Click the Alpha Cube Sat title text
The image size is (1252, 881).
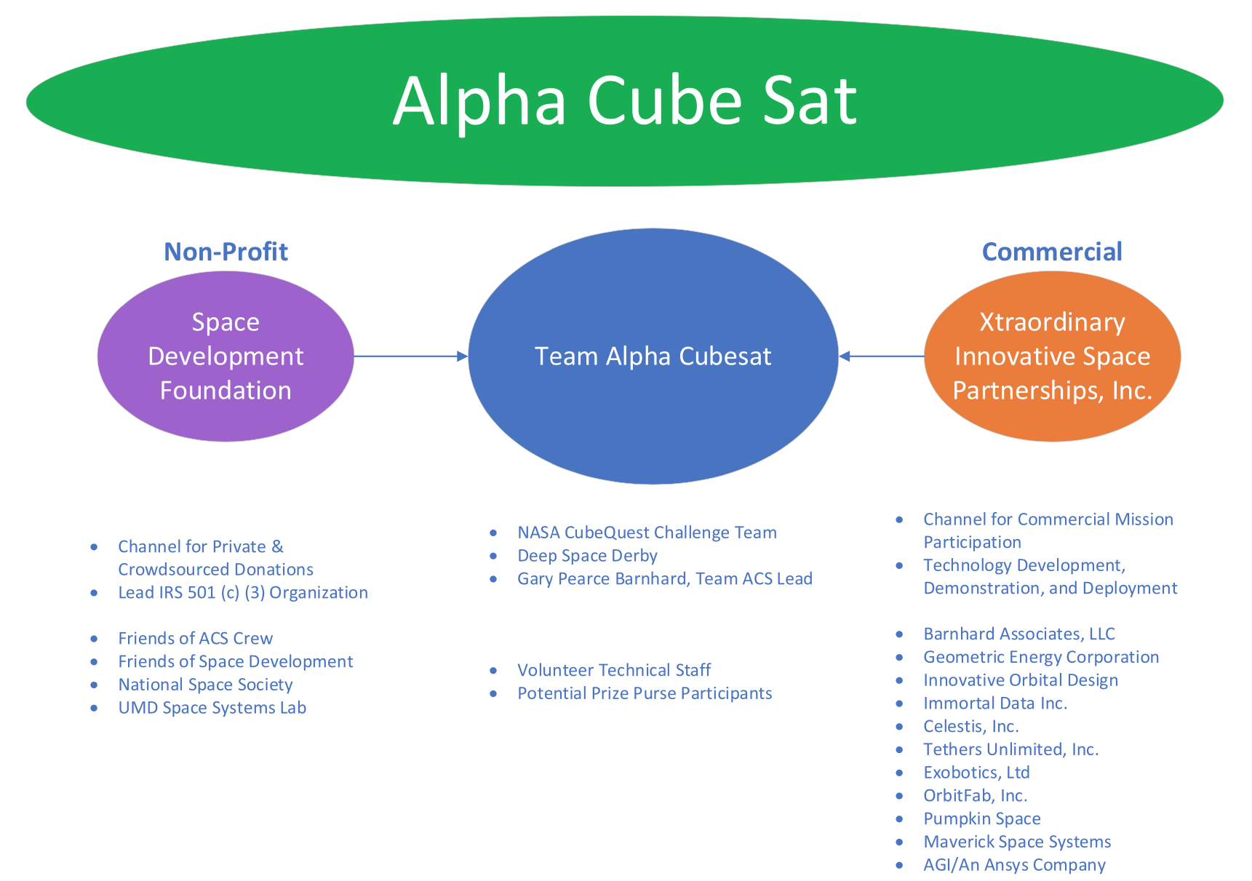(625, 101)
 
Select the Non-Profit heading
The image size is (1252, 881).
(226, 252)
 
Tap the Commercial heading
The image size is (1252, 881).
(1052, 252)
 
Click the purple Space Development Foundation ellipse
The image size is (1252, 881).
(226, 356)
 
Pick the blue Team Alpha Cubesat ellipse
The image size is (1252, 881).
(653, 356)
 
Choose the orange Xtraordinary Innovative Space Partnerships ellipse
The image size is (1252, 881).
(1052, 356)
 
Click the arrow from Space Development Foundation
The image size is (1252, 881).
(411, 356)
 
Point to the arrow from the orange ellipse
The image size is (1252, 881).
(881, 356)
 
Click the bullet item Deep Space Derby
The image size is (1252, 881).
(587, 556)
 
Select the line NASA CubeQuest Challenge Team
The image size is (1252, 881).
(647, 533)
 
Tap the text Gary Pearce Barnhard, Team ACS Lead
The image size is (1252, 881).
(665, 579)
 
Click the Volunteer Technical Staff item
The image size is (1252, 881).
(614, 670)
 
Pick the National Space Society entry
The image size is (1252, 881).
(205, 685)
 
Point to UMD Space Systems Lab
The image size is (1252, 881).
(212, 708)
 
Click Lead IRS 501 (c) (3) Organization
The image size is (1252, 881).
(243, 593)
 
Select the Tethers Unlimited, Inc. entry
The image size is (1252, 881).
(1010, 749)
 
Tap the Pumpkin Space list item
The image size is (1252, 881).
(982, 819)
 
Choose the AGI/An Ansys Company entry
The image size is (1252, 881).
(1014, 865)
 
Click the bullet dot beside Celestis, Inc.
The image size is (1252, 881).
(900, 727)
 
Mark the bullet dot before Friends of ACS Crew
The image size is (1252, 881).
(94, 639)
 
